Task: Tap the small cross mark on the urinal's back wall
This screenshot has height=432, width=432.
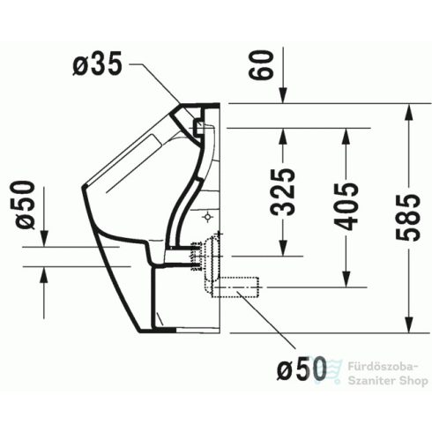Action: click(208, 214)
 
